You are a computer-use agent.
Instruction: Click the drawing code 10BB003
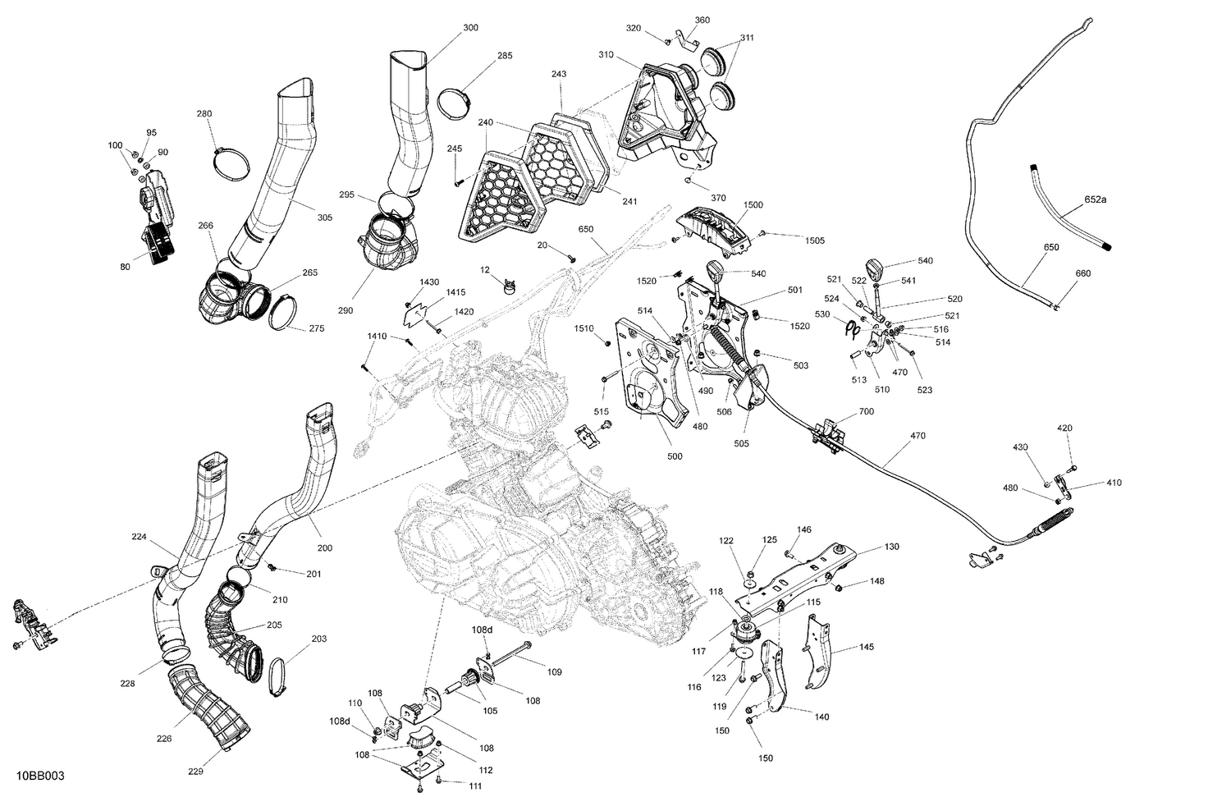(x=39, y=776)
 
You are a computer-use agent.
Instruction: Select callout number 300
(x=470, y=28)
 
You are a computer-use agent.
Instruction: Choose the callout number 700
(x=866, y=411)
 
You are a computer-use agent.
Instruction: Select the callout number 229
(x=195, y=771)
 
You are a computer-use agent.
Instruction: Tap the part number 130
(x=892, y=546)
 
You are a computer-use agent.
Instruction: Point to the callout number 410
(x=1113, y=483)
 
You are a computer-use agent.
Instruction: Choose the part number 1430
(x=429, y=282)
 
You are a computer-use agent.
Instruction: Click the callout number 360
(x=702, y=20)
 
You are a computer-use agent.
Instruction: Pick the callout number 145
(x=867, y=647)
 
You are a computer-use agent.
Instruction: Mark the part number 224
(x=139, y=537)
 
